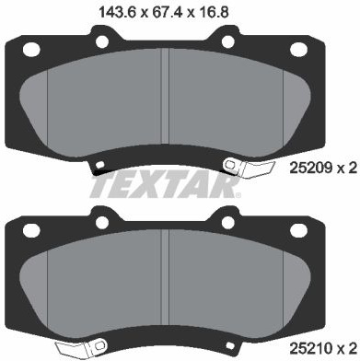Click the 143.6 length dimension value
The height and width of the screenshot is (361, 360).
117,13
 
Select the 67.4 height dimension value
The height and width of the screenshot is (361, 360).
166,13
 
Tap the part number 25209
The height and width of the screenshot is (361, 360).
310,168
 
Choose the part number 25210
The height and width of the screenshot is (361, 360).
310,349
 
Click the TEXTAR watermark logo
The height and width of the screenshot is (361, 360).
165,185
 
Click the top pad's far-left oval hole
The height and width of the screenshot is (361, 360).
31,50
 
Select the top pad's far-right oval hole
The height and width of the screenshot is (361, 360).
298,50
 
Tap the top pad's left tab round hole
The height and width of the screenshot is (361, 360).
102,41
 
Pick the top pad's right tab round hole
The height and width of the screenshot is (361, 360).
228,41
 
